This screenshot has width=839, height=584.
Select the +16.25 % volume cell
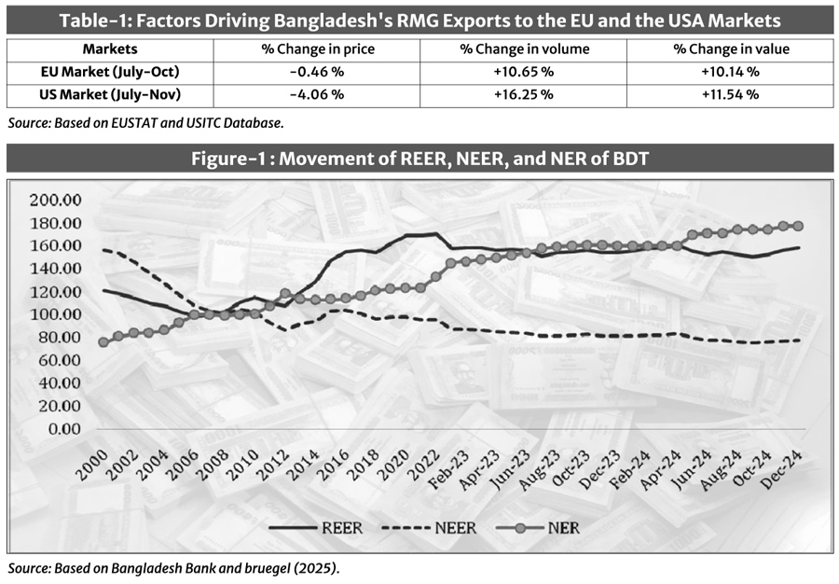click(522, 94)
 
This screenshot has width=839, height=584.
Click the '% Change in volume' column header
click(522, 48)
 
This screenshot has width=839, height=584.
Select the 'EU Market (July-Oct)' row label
click(109, 71)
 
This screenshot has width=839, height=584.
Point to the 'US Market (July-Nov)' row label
click(109, 94)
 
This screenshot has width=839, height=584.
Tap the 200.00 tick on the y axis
click(57, 200)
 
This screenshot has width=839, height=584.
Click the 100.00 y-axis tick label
click(57, 314)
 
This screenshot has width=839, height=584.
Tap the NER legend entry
click(562, 528)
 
